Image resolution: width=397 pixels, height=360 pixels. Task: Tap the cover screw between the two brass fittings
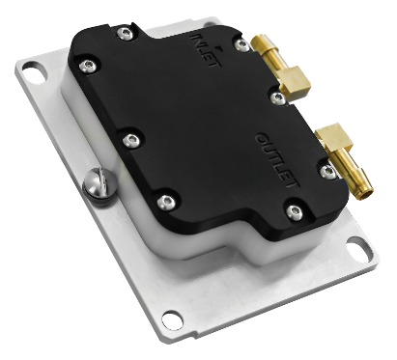279,96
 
